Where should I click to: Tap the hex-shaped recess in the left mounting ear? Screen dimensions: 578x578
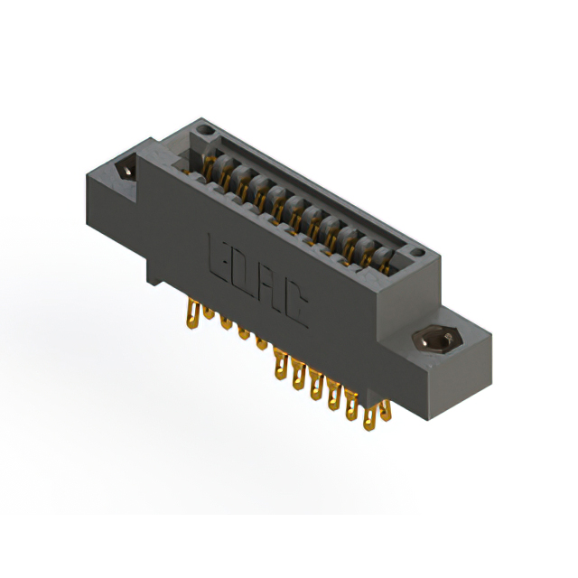point(126,169)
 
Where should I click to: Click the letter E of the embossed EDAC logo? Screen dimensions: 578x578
point(219,254)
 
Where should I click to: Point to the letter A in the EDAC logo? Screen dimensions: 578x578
point(269,291)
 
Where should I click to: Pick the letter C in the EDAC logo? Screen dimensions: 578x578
point(294,310)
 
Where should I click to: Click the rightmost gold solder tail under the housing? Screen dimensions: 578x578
point(369,417)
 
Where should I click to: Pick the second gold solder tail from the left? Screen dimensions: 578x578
point(209,313)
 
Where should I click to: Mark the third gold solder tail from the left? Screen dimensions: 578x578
point(225,322)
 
